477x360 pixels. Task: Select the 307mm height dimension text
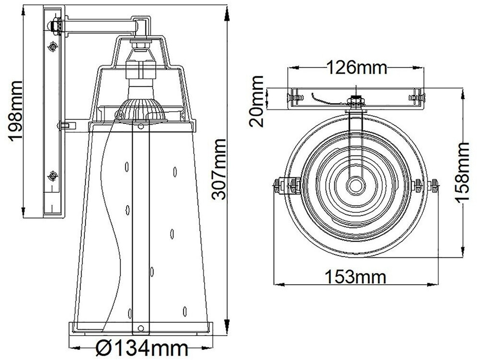(x=219, y=169)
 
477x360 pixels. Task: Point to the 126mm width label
(x=357, y=68)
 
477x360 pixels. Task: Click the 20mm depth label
(x=256, y=101)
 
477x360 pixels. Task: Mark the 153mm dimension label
(x=356, y=277)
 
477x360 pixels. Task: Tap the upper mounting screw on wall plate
(x=53, y=47)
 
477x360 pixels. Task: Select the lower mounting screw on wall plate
(x=53, y=176)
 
